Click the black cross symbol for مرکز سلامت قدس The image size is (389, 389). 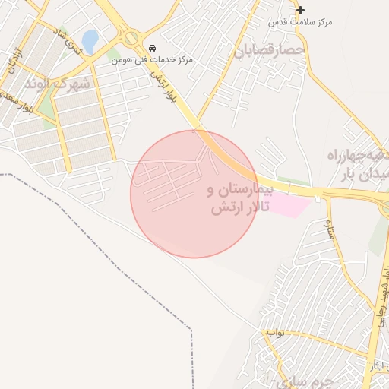pyautogui.click(x=301, y=10)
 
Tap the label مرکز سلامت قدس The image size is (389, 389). pyautogui.click(x=301, y=23)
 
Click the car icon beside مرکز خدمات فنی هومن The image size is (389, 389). pyautogui.click(x=153, y=47)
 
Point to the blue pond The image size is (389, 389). pyautogui.click(x=90, y=41)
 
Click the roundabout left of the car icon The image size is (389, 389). pyautogui.click(x=131, y=37)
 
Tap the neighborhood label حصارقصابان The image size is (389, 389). pyautogui.click(x=270, y=51)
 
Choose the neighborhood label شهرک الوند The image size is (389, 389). pyautogui.click(x=56, y=83)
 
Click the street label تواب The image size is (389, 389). pyautogui.click(x=274, y=333)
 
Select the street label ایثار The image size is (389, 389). pyautogui.click(x=378, y=367)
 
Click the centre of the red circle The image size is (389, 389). pyautogui.click(x=194, y=194)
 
